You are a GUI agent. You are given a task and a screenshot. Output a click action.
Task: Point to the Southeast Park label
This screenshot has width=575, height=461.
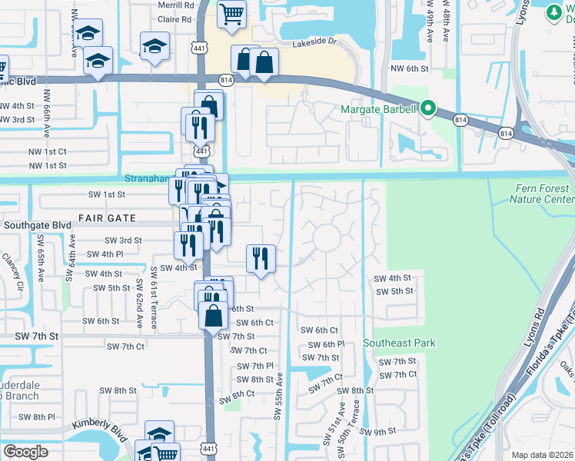[x=399, y=343]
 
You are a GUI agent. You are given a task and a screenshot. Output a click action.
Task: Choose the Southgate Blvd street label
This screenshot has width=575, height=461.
[x=37, y=226]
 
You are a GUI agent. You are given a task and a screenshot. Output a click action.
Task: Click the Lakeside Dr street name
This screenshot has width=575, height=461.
[x=314, y=45]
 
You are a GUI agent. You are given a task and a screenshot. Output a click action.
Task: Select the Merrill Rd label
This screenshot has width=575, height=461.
[x=175, y=5]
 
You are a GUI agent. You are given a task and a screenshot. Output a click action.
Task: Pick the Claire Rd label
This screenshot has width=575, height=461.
[x=176, y=19]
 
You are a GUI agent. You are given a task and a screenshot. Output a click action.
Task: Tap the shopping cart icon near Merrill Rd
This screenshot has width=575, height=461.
[x=231, y=13]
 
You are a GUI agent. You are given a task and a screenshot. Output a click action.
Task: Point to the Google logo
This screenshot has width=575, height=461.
[x=25, y=452]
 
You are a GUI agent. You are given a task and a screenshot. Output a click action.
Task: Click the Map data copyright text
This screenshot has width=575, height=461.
[x=543, y=455]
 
